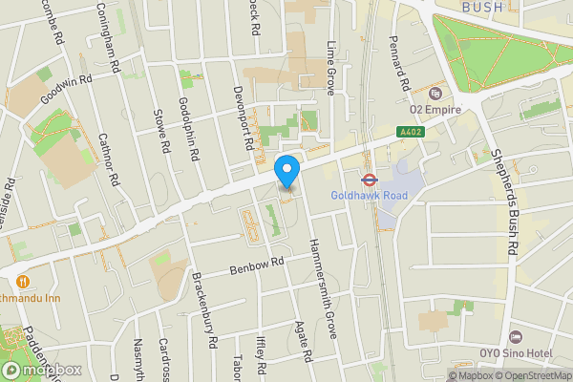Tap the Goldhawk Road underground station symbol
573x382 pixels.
(x=367, y=178)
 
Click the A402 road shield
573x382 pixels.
(x=411, y=133)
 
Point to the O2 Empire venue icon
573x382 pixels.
(x=435, y=94)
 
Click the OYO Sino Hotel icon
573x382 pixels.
(x=516, y=337)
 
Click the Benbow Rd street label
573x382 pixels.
(x=257, y=265)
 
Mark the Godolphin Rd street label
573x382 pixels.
(x=188, y=129)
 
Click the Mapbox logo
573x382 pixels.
(x=41, y=370)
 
